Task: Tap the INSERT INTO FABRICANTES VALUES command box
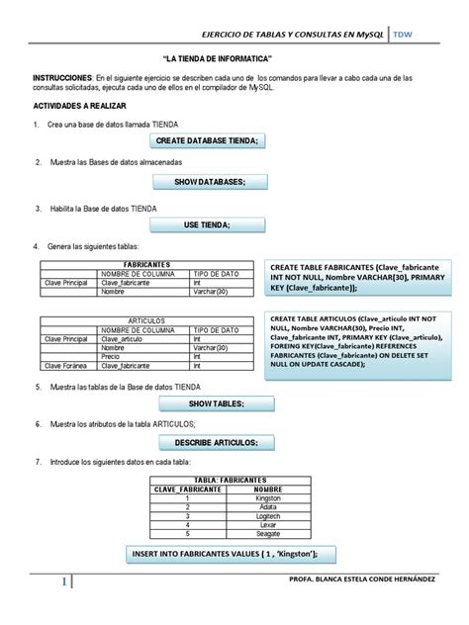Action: tap(231, 554)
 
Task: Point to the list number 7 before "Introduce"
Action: tap(37, 462)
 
